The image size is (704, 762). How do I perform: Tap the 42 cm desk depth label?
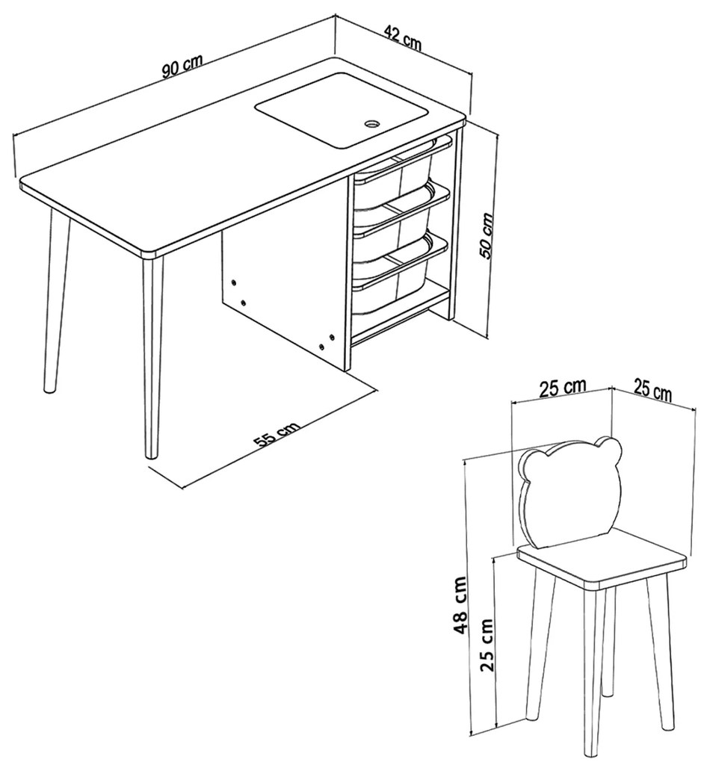click(x=403, y=37)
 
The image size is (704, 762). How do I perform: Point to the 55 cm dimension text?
click(x=277, y=435)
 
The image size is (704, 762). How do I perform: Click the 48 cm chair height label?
click(x=460, y=605)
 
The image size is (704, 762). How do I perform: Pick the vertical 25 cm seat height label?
click(x=487, y=645)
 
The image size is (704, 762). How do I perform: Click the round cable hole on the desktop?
click(x=373, y=123)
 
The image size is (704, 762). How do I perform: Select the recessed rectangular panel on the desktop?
click(x=342, y=111)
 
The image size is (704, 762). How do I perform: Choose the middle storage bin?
click(x=394, y=216)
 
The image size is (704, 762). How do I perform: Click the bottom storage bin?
click(x=394, y=270)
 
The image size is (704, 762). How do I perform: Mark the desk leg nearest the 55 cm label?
click(x=152, y=356)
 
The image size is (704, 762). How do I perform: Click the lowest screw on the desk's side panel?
click(x=321, y=346)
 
